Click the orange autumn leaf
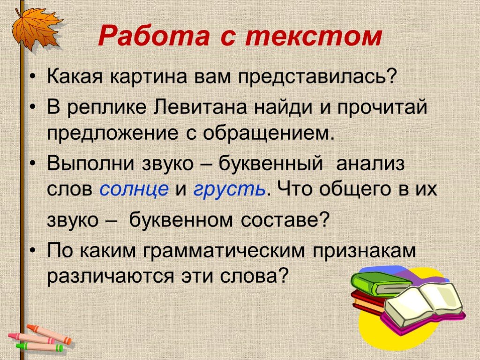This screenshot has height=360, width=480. pyautogui.click(x=36, y=29)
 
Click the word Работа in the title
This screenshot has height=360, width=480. pyautogui.click(x=154, y=36)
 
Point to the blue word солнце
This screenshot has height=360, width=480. pyautogui.click(x=134, y=188)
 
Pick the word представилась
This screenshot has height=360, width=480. pyautogui.click(x=317, y=76)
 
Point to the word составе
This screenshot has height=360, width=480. pyautogui.click(x=285, y=220)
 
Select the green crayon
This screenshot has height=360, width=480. pyautogui.click(x=40, y=346)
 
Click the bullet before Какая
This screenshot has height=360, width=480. pyautogui.click(x=32, y=77)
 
